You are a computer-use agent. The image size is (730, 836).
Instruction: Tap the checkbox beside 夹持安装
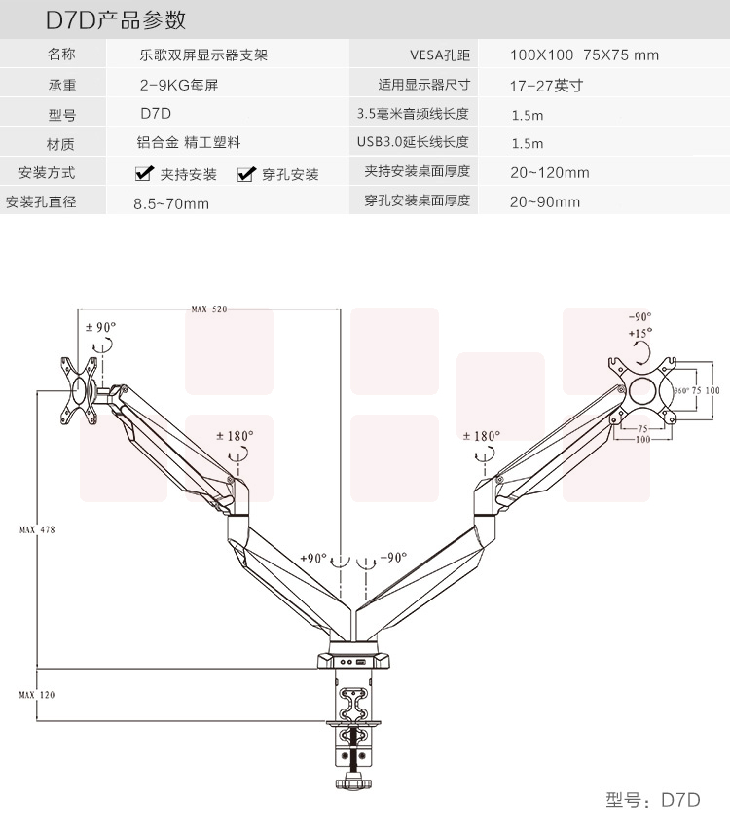coord(144,174)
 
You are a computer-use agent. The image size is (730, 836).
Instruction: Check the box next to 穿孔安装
coord(245,174)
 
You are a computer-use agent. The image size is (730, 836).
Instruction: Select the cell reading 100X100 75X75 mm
coord(584,55)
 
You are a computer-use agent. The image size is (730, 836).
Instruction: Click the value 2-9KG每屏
coord(179,85)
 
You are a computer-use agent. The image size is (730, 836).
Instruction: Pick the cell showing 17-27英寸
coord(545,85)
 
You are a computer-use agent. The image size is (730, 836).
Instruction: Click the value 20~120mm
coord(550,173)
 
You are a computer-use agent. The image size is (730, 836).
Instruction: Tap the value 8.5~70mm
coord(171,203)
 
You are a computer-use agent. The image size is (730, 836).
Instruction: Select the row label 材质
coord(60,144)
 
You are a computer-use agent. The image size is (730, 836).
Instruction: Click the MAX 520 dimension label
coord(208,309)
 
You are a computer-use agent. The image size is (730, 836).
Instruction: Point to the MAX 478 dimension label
coord(36,529)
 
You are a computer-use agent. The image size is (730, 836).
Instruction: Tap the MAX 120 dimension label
coord(36,695)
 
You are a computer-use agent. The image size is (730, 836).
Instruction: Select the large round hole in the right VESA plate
coord(643,390)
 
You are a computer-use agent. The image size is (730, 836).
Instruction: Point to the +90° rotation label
coord(313,558)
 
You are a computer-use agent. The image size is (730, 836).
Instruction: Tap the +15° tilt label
coord(640,333)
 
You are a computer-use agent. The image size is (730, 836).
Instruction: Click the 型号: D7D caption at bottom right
coord(652,800)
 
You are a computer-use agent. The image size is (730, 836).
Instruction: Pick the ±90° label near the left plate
coord(100,327)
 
